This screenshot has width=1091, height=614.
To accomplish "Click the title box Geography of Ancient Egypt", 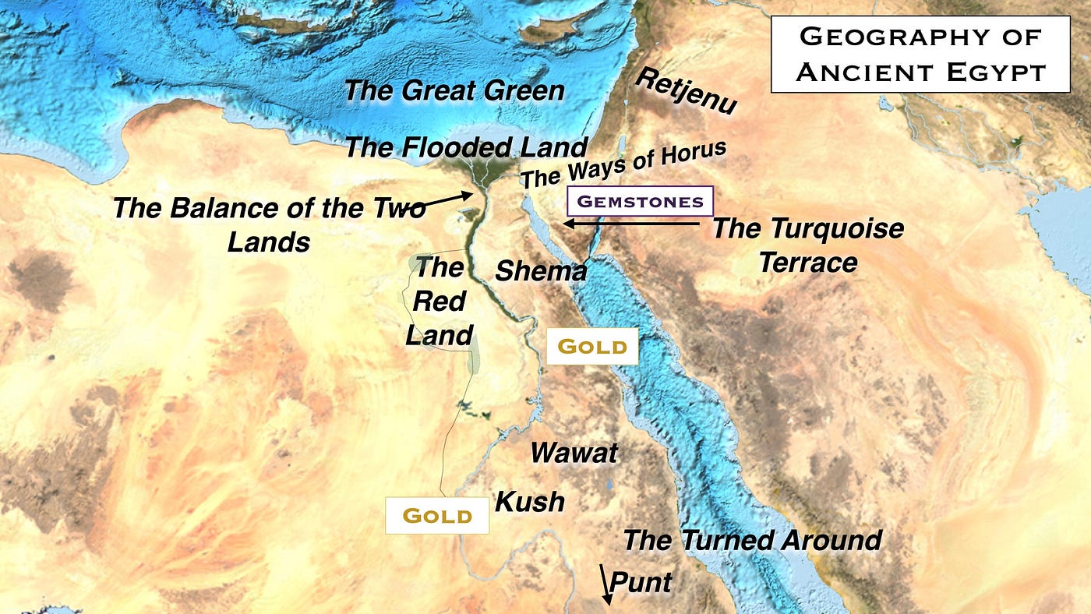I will pyautogui.click(x=920, y=54).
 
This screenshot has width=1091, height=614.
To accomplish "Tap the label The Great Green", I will pyautogui.click(x=454, y=90).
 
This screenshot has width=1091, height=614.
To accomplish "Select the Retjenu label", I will pyautogui.click(x=686, y=90).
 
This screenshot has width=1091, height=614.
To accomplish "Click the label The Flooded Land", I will pyautogui.click(x=465, y=146).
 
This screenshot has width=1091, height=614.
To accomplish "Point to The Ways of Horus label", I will pyautogui.click(x=623, y=164).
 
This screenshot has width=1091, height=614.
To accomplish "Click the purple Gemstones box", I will pyautogui.click(x=640, y=201).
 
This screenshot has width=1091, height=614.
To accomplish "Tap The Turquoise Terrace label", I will pyautogui.click(x=808, y=245).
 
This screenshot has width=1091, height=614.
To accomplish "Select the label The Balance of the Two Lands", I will pyautogui.click(x=269, y=224).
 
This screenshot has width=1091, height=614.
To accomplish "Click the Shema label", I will pyautogui.click(x=541, y=271).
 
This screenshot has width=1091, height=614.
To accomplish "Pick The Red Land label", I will pyautogui.click(x=440, y=301).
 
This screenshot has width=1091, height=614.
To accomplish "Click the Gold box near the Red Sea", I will pyautogui.click(x=592, y=347).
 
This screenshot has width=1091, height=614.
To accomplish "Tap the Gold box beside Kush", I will pyautogui.click(x=437, y=515).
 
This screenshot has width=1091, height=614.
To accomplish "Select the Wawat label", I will pyautogui.click(x=574, y=453).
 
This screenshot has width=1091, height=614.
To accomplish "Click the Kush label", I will pyautogui.click(x=530, y=501).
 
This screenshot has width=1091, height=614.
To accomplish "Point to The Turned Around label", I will pyautogui.click(x=752, y=540).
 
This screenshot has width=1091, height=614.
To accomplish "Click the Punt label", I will pyautogui.click(x=641, y=581).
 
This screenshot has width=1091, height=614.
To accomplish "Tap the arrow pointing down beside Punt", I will pyautogui.click(x=605, y=585).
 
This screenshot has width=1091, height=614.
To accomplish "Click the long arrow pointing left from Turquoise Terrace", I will pyautogui.click(x=631, y=224).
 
